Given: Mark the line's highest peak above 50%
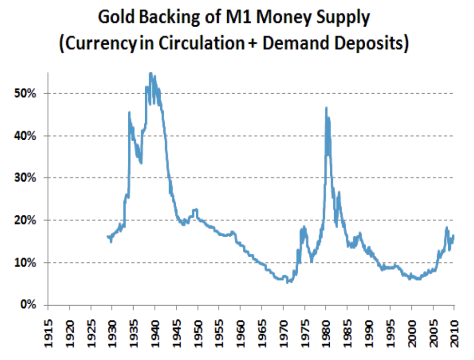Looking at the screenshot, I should tap(151, 74).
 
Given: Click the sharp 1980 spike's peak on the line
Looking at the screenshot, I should tap(326, 108).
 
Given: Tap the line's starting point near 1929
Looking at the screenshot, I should tap(107, 236).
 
